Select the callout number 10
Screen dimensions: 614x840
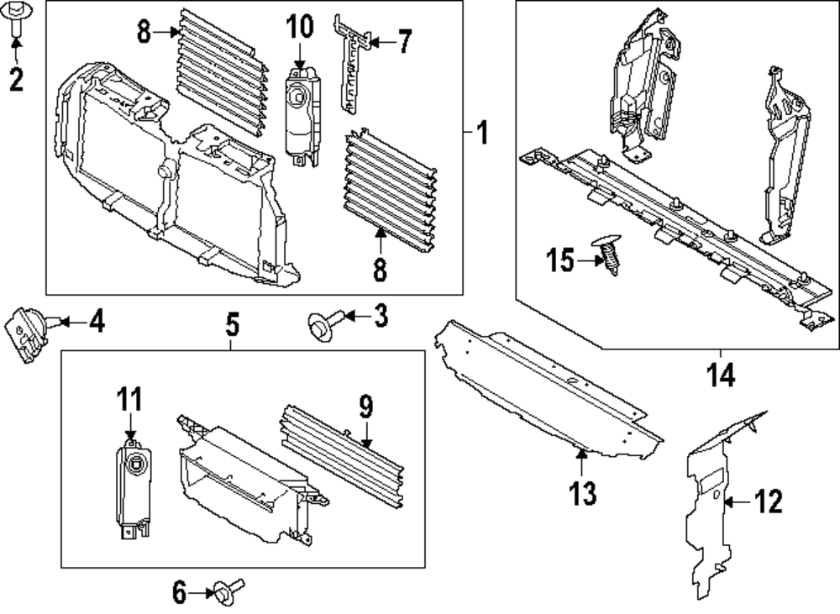(x=299, y=27)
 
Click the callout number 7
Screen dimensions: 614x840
(x=404, y=40)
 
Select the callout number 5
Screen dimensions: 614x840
(x=233, y=323)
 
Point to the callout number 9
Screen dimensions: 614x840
(x=365, y=408)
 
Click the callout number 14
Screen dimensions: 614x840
(x=721, y=374)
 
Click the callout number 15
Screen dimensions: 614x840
(x=558, y=260)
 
